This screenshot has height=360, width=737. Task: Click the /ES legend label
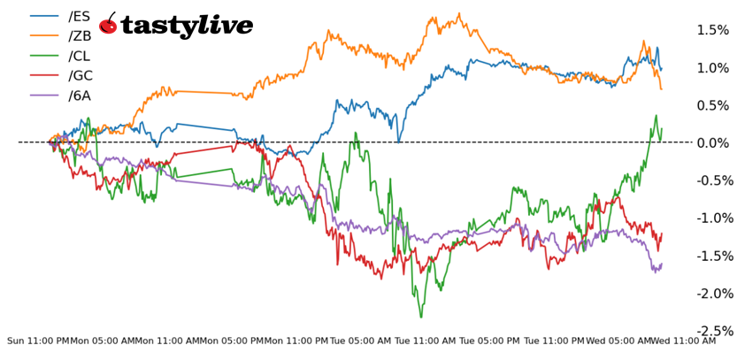78,15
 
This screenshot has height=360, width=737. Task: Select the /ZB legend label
78,35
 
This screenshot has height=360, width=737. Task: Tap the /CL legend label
78,56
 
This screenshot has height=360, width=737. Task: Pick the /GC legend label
79,76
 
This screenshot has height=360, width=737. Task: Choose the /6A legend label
79,96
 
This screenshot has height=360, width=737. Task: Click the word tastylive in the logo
187,26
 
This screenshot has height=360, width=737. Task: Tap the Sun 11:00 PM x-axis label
38,341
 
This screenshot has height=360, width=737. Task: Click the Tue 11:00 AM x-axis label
425,341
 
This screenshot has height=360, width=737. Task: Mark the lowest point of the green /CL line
421,317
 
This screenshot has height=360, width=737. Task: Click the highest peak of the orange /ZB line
459,13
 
